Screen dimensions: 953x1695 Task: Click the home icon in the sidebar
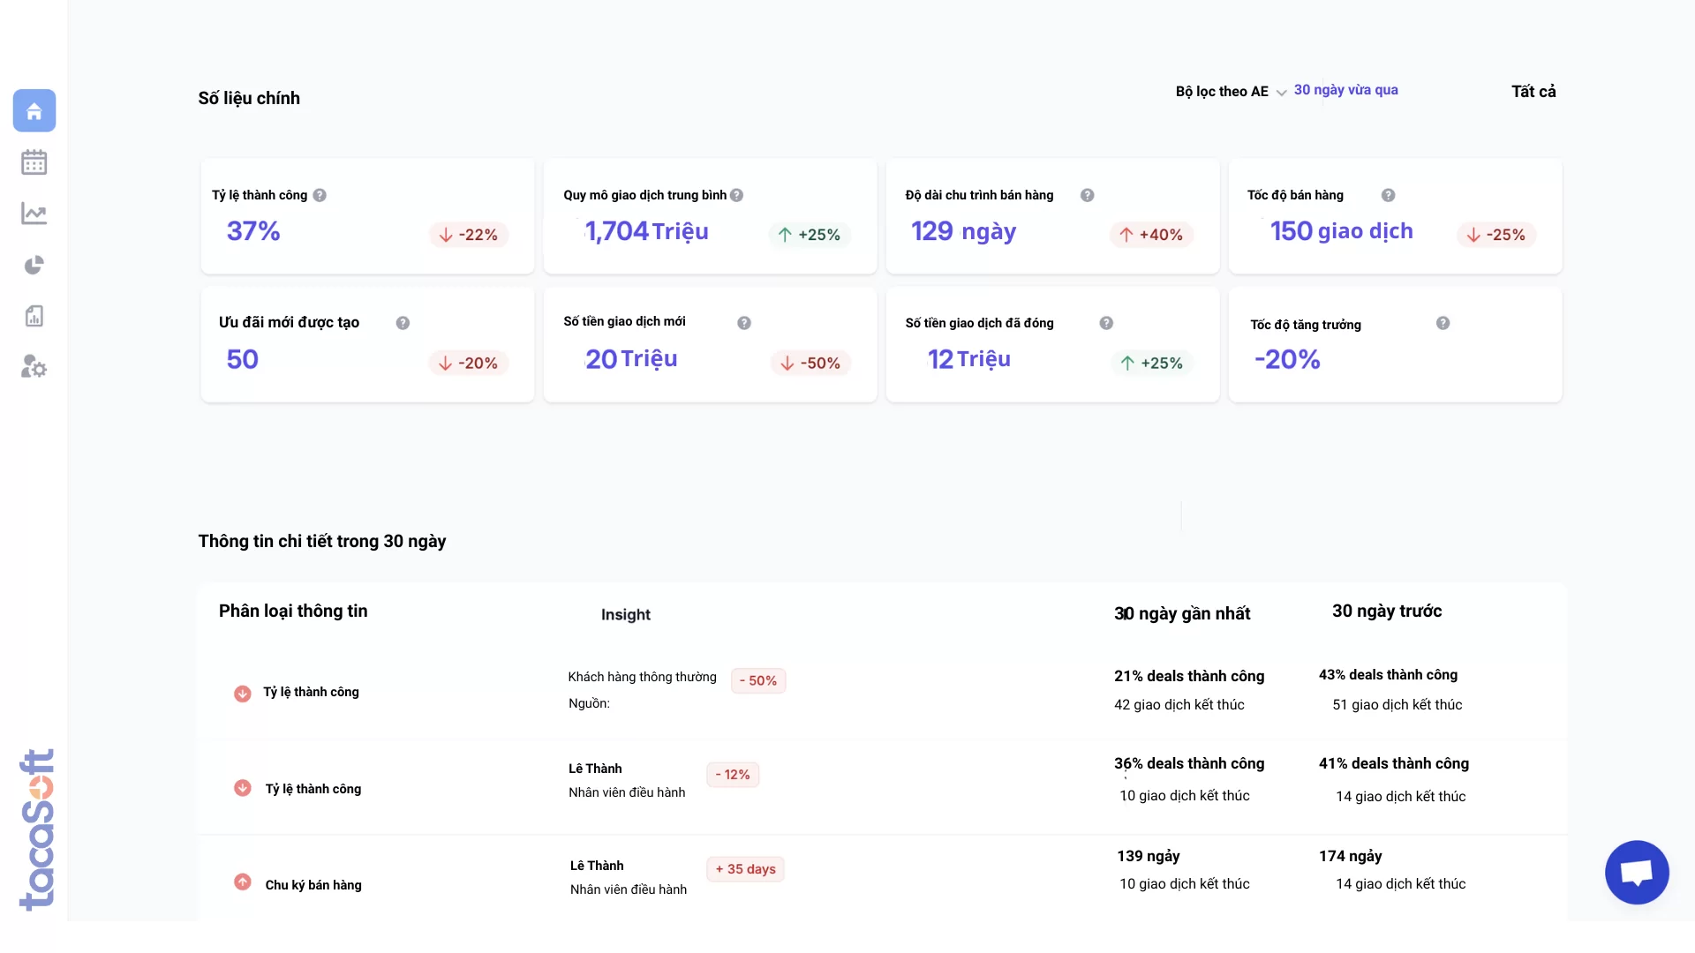click(x=34, y=111)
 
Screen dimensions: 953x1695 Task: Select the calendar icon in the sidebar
click(x=34, y=162)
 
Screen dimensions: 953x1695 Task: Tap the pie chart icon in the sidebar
click(x=34, y=265)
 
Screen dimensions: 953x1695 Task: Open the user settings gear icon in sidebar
click(x=34, y=366)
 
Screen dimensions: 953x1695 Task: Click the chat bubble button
click(x=1636, y=873)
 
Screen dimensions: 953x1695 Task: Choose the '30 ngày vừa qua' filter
click(x=1345, y=90)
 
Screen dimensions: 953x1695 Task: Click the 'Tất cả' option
click(x=1533, y=92)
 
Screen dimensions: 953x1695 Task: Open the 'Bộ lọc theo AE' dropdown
click(x=1231, y=92)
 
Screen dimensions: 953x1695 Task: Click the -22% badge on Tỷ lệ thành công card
click(x=469, y=235)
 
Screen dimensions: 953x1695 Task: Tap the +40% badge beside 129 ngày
click(x=1151, y=235)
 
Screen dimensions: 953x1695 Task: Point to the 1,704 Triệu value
click(x=646, y=231)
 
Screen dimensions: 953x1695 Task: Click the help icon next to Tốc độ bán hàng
click(x=1388, y=195)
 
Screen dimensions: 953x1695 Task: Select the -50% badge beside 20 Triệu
click(x=810, y=363)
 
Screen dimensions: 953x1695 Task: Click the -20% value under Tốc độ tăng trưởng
click(x=1287, y=359)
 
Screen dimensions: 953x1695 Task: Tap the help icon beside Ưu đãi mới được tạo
click(x=403, y=323)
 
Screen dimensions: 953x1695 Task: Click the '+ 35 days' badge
click(x=745, y=869)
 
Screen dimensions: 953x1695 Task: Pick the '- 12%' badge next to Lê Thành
click(x=733, y=775)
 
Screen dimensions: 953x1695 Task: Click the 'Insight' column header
click(x=625, y=615)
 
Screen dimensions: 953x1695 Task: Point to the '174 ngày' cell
click(x=1350, y=856)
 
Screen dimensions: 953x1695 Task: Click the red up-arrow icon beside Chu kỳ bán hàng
click(x=242, y=882)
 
